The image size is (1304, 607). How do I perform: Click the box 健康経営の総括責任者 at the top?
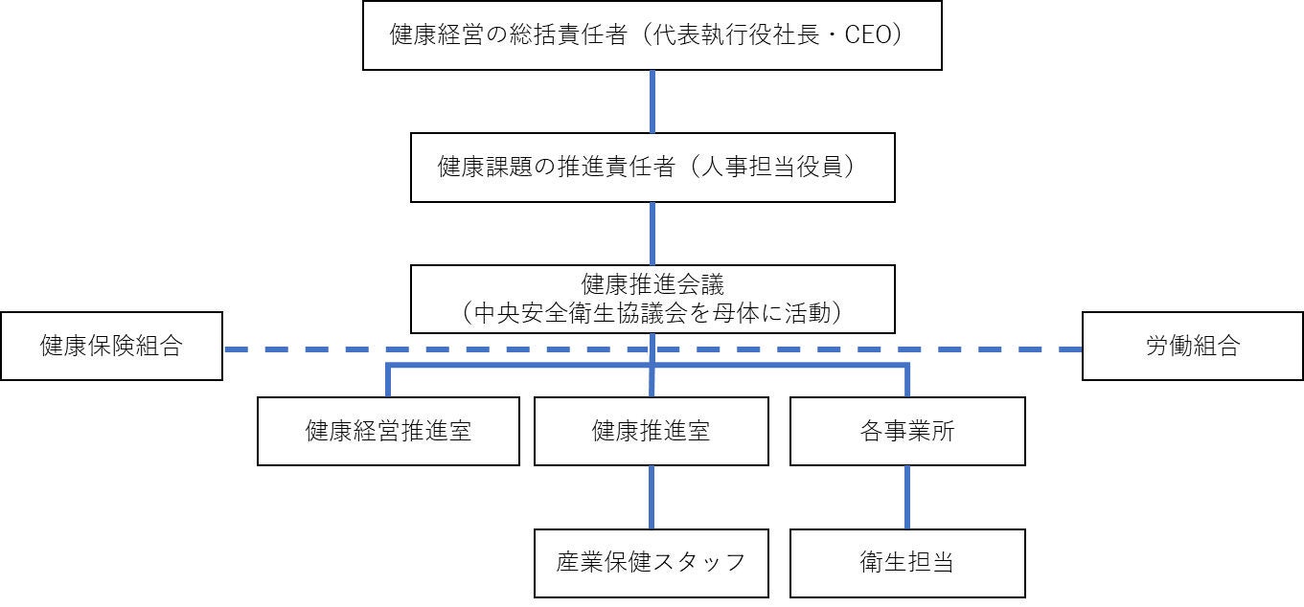point(652,35)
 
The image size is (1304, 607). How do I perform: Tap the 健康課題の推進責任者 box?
point(652,168)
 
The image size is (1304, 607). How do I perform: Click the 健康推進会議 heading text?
point(652,284)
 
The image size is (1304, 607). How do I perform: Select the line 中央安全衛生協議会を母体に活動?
point(652,313)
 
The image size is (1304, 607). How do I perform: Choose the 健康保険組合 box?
point(111,346)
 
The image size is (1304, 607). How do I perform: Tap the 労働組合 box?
point(1192,346)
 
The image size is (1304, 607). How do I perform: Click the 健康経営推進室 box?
point(388,431)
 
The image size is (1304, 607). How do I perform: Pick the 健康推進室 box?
point(651,431)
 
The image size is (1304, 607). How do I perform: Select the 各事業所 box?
point(907,431)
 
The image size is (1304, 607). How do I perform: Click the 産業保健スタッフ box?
point(651,563)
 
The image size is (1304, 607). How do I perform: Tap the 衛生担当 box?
point(907,563)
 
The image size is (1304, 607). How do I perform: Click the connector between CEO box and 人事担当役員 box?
point(652,101)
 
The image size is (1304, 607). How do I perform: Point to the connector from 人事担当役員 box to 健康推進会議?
point(652,233)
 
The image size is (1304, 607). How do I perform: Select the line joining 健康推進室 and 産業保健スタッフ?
point(652,497)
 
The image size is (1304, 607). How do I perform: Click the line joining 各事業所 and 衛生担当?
point(907,497)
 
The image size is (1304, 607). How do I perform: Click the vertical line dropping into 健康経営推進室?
point(388,381)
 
